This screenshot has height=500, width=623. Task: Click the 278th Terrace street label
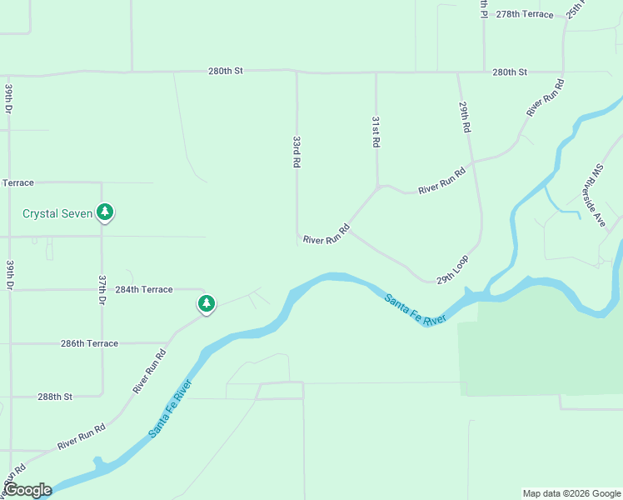pos(524,14)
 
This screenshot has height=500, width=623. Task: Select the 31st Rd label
pos(376,132)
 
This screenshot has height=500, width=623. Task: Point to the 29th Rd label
pos(465,117)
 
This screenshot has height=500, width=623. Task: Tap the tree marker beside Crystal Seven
pos(105,212)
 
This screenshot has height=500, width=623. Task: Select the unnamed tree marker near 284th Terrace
pos(206,303)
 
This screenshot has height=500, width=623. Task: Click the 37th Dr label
pos(102,290)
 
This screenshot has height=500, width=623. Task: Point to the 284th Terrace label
pos(144,289)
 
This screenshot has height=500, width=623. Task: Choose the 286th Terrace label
pos(89,343)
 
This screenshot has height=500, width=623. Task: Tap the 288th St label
pos(55,397)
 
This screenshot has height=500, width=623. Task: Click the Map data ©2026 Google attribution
pos(571,493)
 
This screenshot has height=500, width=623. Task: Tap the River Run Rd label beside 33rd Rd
pos(326,234)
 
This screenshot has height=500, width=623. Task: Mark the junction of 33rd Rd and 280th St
pos(297,72)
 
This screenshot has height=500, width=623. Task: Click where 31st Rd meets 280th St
pos(376,72)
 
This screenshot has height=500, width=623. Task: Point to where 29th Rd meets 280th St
pos(457,72)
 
